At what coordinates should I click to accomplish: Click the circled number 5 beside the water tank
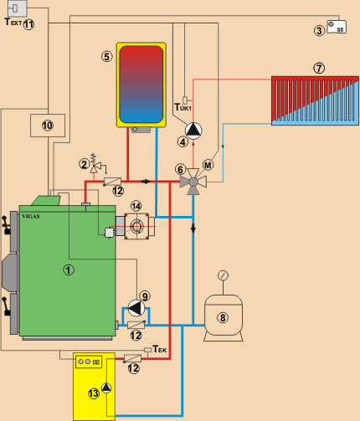107,57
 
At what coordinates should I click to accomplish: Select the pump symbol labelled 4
193,131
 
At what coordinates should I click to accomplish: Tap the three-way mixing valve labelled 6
193,182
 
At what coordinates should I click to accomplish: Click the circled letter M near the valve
208,165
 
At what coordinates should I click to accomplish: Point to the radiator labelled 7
315,100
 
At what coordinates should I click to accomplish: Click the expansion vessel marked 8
224,318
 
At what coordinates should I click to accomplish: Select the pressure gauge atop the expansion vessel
223,275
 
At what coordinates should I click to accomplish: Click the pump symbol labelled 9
136,308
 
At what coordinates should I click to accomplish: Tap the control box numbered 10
48,126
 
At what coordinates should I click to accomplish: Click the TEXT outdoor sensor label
13,22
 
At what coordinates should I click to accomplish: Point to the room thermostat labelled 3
337,27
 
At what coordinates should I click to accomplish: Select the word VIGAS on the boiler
31,216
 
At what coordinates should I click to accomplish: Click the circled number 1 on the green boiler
69,270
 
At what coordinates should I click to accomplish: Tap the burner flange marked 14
136,226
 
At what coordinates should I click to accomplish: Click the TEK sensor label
160,349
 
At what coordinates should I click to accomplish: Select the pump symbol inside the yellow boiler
106,388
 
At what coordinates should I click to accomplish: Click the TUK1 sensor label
183,107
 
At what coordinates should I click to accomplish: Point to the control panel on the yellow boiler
89,362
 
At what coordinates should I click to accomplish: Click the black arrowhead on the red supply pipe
146,182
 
